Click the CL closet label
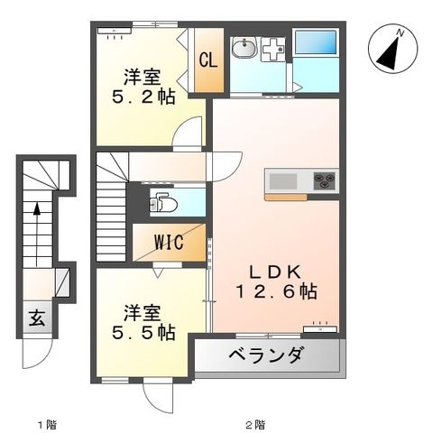click(207, 60)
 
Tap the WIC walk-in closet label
click(168, 243)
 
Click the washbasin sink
click(243, 49)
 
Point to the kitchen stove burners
click(324, 180)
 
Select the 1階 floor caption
click(46, 423)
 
